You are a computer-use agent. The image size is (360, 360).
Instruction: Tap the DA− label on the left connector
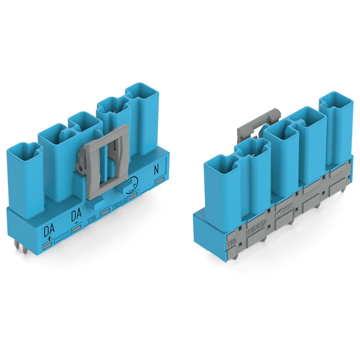click(x=76, y=217)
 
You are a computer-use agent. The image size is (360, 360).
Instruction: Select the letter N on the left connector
click(x=156, y=170)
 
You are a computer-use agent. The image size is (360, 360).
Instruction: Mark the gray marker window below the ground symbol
click(x=134, y=195)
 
